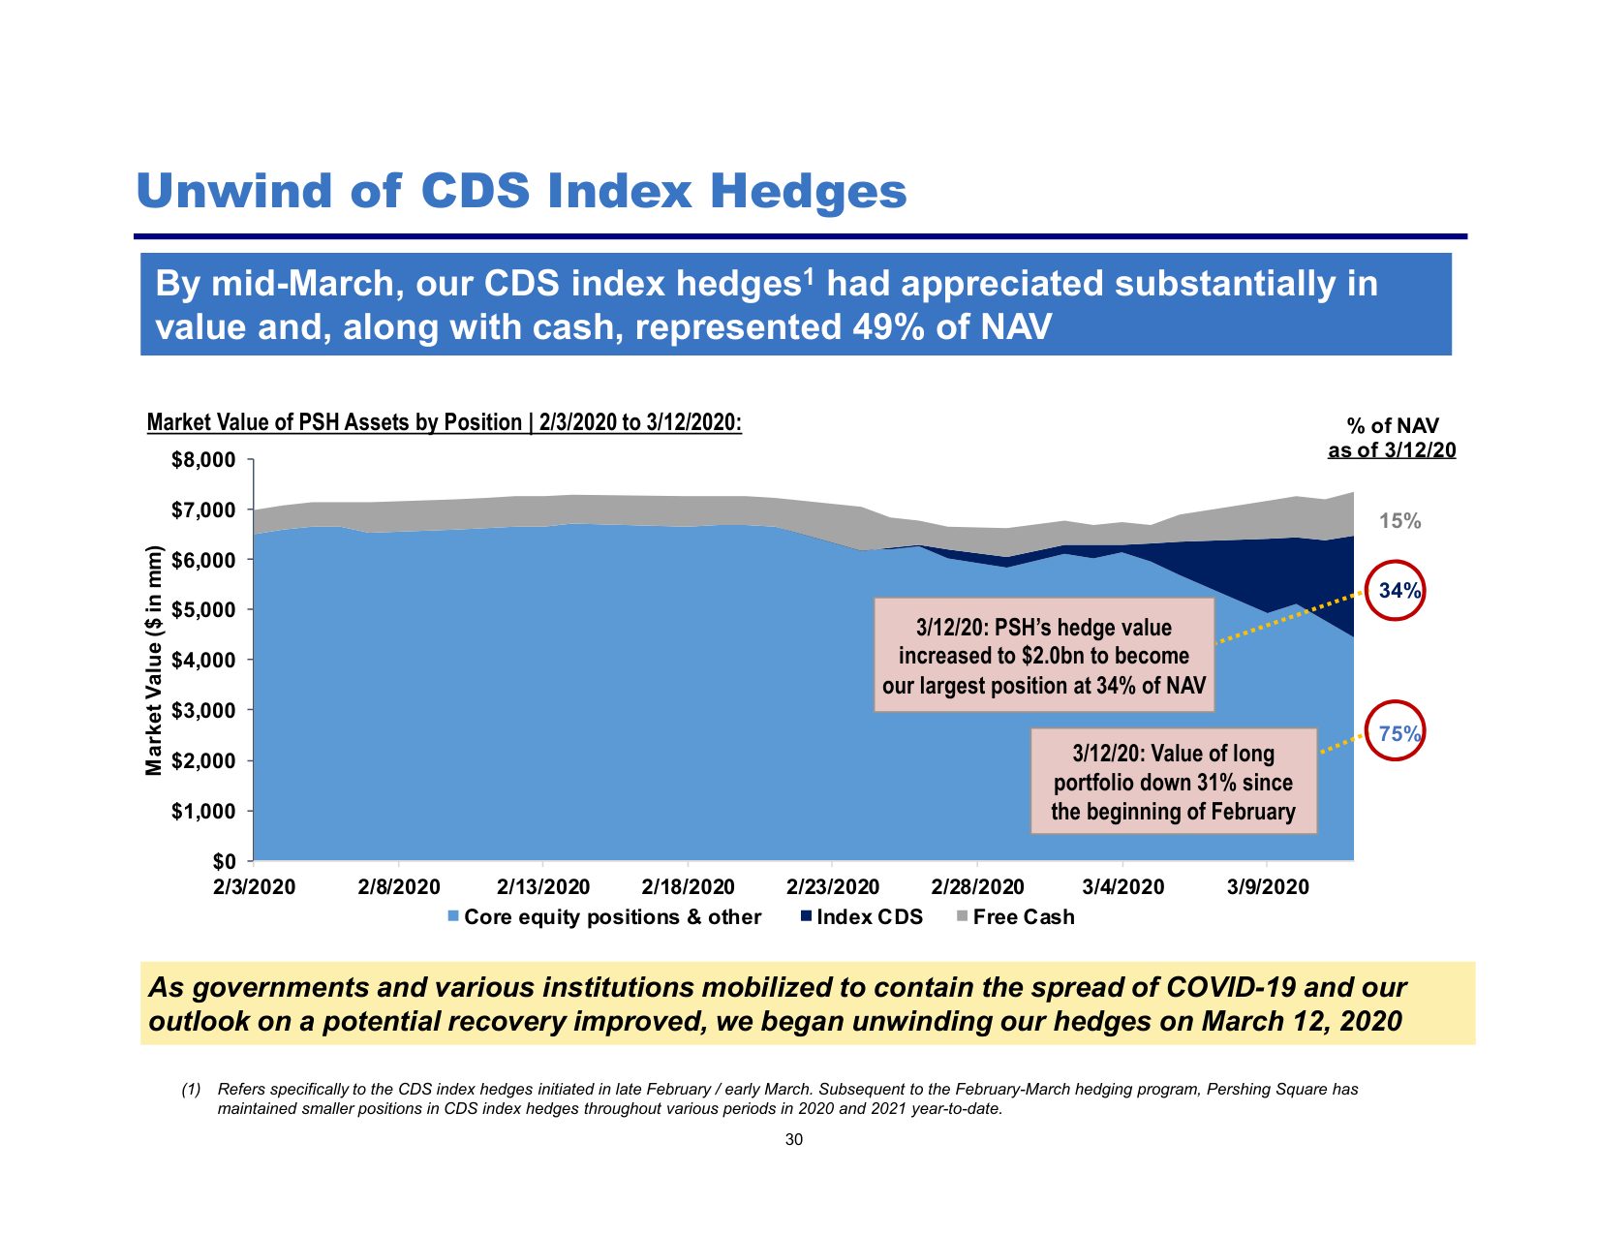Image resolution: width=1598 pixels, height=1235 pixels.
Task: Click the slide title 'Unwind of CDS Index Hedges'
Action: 521,191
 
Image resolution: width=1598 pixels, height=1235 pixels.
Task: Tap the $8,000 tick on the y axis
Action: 203,460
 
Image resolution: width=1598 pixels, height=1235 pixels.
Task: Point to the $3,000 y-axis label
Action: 203,711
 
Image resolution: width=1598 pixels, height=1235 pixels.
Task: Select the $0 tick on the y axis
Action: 224,861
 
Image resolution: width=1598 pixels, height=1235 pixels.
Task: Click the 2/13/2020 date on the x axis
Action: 542,887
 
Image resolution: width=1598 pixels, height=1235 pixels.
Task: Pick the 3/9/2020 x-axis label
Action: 1267,887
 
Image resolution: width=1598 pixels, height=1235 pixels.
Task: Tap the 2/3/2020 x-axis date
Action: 254,887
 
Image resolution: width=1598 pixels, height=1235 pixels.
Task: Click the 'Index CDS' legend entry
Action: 861,917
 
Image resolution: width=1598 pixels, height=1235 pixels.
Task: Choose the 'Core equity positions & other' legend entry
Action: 604,917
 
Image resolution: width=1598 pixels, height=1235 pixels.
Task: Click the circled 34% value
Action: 1397,591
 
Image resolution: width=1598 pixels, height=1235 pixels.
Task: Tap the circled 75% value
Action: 1397,734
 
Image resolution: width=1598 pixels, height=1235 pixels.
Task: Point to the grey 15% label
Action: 1399,521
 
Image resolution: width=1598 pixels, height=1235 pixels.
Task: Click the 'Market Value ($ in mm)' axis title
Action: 154,661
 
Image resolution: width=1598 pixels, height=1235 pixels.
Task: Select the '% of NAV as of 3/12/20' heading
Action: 1392,438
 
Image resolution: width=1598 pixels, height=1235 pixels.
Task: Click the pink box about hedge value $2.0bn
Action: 1044,656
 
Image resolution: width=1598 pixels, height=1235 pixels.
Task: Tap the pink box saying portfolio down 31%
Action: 1173,782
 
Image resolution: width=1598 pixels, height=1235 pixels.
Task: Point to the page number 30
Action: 794,1140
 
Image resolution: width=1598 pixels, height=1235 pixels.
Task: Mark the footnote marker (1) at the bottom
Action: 192,1090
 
